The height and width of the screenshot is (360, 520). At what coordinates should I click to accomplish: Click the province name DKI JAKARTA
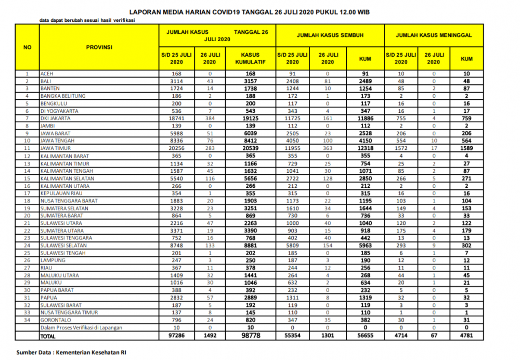point(55,119)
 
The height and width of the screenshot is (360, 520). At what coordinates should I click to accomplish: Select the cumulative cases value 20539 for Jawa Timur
point(250,149)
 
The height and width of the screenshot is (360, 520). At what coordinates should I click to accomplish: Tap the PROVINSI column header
point(99,47)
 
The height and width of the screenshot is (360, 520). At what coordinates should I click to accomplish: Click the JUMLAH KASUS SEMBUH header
point(330,35)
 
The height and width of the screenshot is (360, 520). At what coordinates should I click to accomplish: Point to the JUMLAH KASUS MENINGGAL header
point(434,35)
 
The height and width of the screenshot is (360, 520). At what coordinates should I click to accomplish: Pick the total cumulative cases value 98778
point(250,337)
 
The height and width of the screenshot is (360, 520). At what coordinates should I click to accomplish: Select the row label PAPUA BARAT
point(56,290)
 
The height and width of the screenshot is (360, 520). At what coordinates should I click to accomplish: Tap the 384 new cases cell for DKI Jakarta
point(211,119)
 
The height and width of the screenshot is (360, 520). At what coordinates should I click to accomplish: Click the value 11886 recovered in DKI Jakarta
point(365,119)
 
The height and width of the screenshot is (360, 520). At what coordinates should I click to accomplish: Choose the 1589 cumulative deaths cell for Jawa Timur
point(466,149)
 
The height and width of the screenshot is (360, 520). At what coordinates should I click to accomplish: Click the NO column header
point(28,47)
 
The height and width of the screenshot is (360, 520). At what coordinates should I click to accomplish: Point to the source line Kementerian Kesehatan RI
point(71,352)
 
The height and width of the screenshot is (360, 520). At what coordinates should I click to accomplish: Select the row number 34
point(28,320)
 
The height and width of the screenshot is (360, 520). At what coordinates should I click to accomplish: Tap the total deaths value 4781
point(466,337)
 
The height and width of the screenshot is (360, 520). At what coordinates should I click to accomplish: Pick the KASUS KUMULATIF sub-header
point(250,58)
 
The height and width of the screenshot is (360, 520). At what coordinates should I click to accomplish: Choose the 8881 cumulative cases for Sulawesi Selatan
point(250,246)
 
